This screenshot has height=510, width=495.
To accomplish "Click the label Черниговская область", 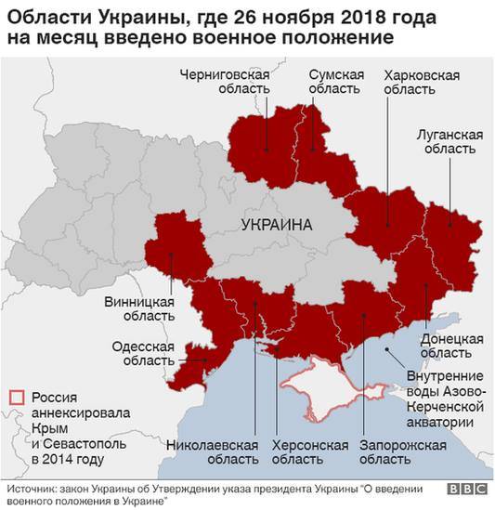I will tap(226, 81).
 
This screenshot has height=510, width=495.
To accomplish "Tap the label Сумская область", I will tap(332, 81).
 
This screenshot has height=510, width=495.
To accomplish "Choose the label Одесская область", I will tap(139, 353).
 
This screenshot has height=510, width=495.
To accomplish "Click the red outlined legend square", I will tap(15, 396).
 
